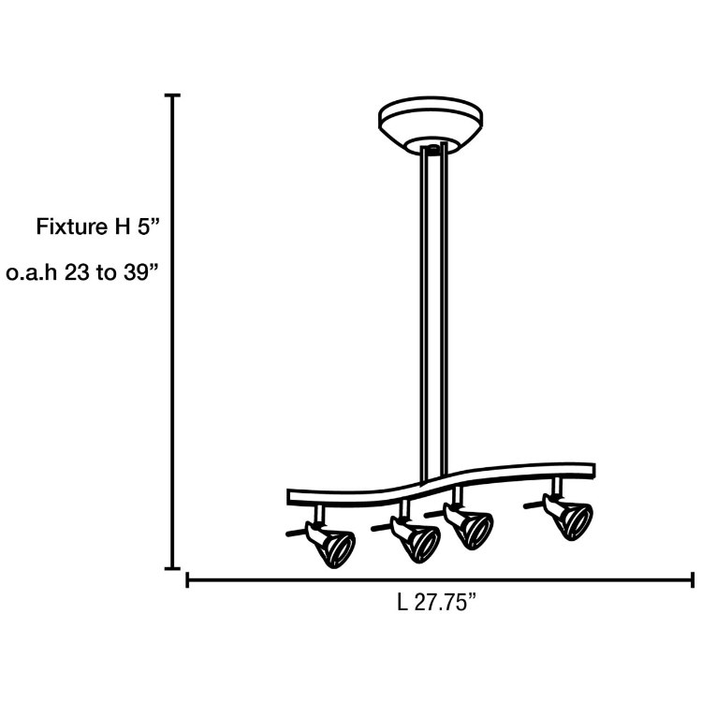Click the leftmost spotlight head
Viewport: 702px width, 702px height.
coord(332,546)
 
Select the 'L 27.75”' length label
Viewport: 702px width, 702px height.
coord(437,604)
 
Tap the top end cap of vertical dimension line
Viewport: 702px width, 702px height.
coord(172,95)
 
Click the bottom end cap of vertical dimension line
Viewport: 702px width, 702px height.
coord(172,567)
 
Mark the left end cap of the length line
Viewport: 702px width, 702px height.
coord(188,580)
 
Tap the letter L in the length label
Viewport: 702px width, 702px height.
coord(402,604)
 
